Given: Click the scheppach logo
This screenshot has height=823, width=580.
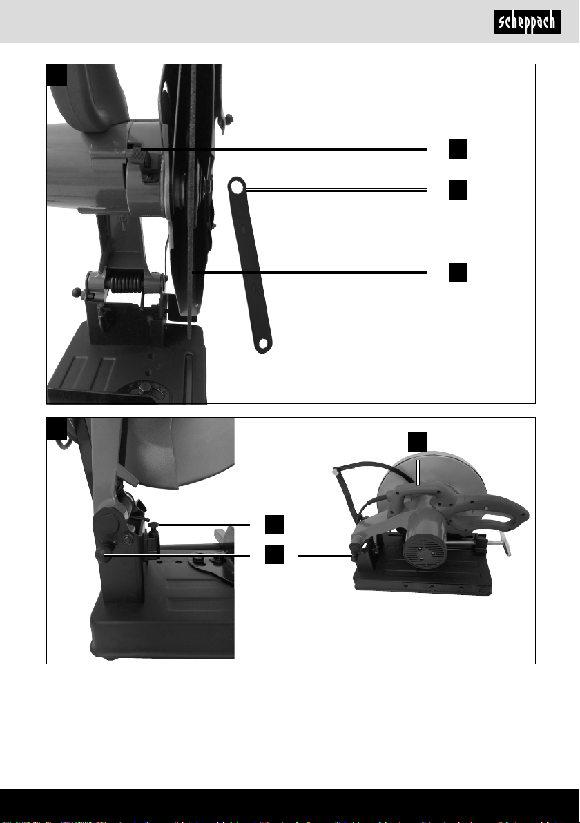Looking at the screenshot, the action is click(x=527, y=22).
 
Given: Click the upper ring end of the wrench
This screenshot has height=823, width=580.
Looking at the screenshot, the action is click(x=237, y=185).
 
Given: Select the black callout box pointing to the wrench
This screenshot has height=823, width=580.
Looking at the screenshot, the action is click(x=458, y=190).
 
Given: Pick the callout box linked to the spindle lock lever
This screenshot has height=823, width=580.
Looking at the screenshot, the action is click(x=458, y=149).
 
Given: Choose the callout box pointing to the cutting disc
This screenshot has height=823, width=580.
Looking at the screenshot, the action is click(x=458, y=273).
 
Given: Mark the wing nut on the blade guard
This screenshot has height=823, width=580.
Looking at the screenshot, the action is click(x=229, y=119).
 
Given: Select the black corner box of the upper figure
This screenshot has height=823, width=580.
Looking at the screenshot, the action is click(x=57, y=75).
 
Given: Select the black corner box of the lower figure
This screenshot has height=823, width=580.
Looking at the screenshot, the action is click(x=57, y=428).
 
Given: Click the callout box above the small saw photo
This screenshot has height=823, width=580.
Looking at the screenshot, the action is click(x=418, y=442).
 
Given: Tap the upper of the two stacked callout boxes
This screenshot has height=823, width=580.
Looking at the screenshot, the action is click(x=275, y=524).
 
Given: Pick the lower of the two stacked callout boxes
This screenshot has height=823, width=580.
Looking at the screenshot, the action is click(x=275, y=555).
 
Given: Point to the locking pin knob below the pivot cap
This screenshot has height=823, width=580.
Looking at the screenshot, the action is click(x=101, y=555).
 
